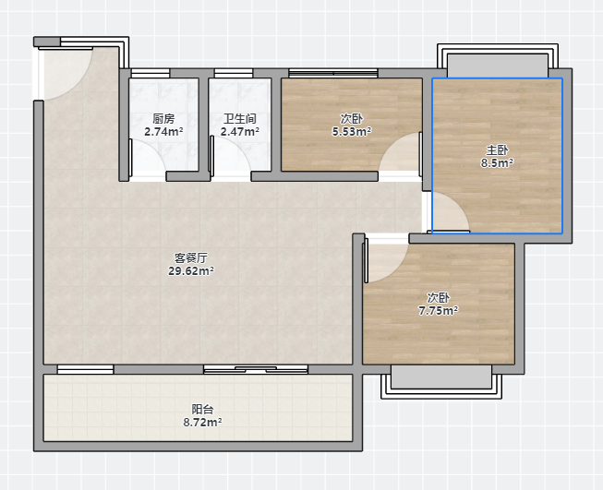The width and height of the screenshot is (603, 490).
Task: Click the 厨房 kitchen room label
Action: point(163,118)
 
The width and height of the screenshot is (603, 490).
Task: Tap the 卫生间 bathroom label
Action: point(240,118)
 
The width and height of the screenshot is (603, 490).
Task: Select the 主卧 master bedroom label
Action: point(497,149)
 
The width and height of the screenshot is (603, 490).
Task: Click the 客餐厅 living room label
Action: point(191,257)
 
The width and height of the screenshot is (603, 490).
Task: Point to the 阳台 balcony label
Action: point(202,410)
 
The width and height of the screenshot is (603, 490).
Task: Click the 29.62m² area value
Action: point(191,271)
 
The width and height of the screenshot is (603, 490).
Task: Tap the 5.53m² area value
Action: point(352,132)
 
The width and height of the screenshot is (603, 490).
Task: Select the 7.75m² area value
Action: point(438,311)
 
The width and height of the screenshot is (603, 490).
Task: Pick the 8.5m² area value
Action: point(497,163)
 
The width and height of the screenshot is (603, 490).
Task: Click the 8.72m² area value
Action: point(202,423)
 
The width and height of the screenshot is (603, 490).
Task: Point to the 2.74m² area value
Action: point(163,132)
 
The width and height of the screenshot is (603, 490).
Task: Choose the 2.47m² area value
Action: point(240,132)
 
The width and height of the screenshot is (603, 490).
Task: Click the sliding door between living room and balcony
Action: point(256,370)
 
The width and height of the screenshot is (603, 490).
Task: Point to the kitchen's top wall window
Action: point(151,73)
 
